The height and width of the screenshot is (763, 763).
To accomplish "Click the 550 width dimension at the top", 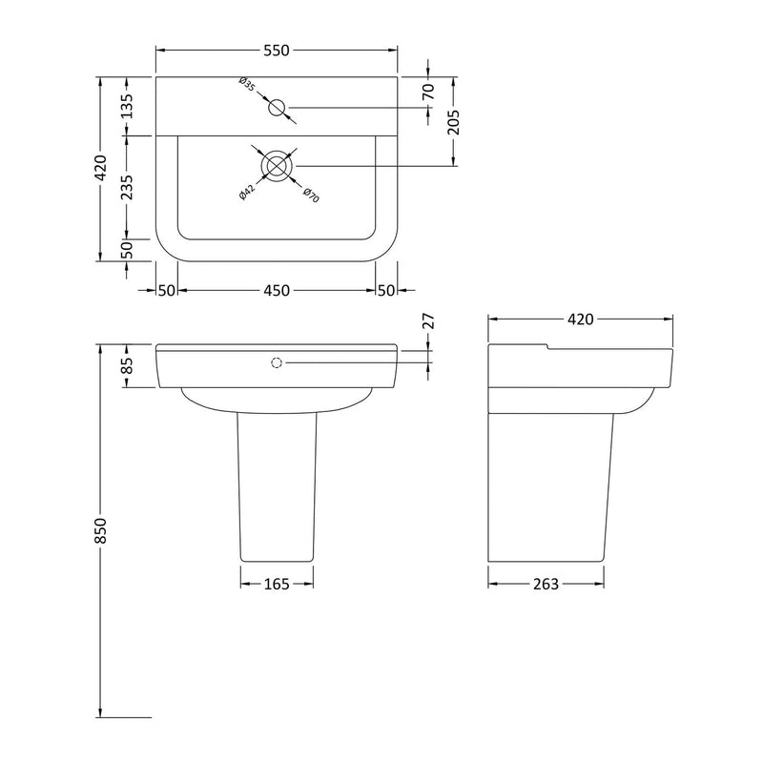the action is (x=277, y=51).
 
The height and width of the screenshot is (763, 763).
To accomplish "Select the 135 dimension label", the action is (x=127, y=106).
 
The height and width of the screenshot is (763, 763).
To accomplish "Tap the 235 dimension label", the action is (x=127, y=187).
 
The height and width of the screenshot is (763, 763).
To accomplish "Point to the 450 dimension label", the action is (x=277, y=291).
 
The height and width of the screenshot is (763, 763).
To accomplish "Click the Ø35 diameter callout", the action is (x=247, y=84).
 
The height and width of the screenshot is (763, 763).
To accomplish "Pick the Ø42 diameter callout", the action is (x=247, y=193).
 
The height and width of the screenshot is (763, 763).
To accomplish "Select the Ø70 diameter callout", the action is (x=311, y=195).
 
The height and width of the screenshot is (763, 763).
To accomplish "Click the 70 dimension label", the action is (x=428, y=92).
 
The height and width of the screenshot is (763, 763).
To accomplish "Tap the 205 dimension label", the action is (x=453, y=122).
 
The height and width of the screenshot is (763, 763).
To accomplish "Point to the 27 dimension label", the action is (x=428, y=321).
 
